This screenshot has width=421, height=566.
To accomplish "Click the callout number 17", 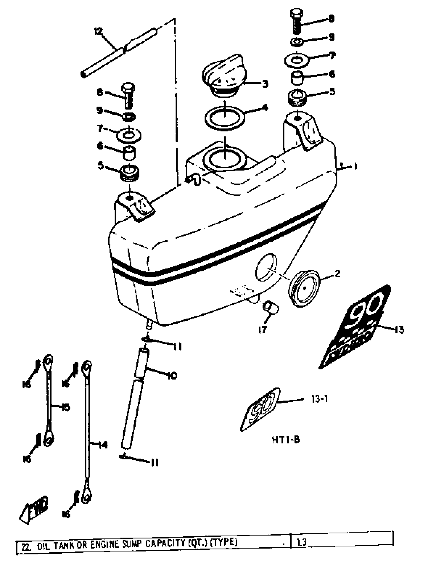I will click(x=262, y=329).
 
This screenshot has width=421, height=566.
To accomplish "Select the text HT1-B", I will click(x=286, y=440).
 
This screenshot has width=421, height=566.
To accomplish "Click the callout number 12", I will click(x=98, y=32).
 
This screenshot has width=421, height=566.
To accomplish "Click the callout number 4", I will click(x=265, y=108).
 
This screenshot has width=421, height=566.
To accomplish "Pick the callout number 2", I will click(x=337, y=274).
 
